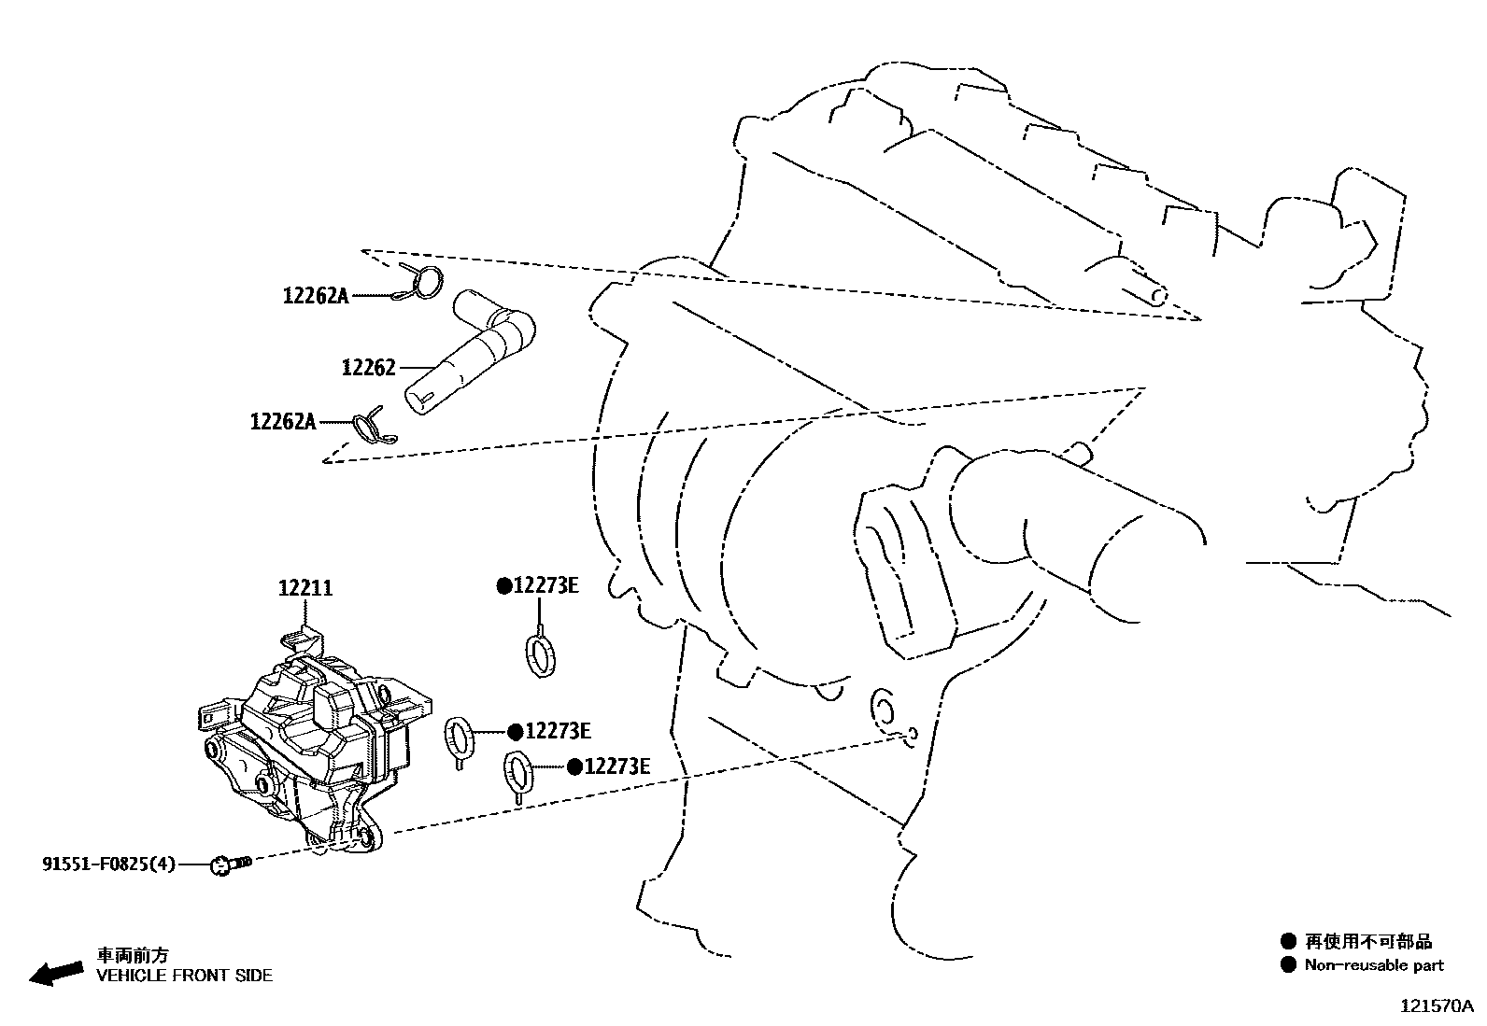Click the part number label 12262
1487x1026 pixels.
coord(368,368)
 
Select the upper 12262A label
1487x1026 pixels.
coord(315,296)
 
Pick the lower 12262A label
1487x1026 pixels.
coord(282,421)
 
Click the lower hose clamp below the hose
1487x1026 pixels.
coord(373,426)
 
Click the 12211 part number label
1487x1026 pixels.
coord(304,589)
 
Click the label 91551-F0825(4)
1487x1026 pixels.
coord(108,864)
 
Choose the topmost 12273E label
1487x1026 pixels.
coord(545,585)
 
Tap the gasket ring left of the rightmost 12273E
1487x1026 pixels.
coord(519,773)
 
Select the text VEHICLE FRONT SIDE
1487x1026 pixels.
coord(185,976)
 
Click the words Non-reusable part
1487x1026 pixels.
coord(1374,965)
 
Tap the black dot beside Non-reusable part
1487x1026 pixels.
coord(1290,965)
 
